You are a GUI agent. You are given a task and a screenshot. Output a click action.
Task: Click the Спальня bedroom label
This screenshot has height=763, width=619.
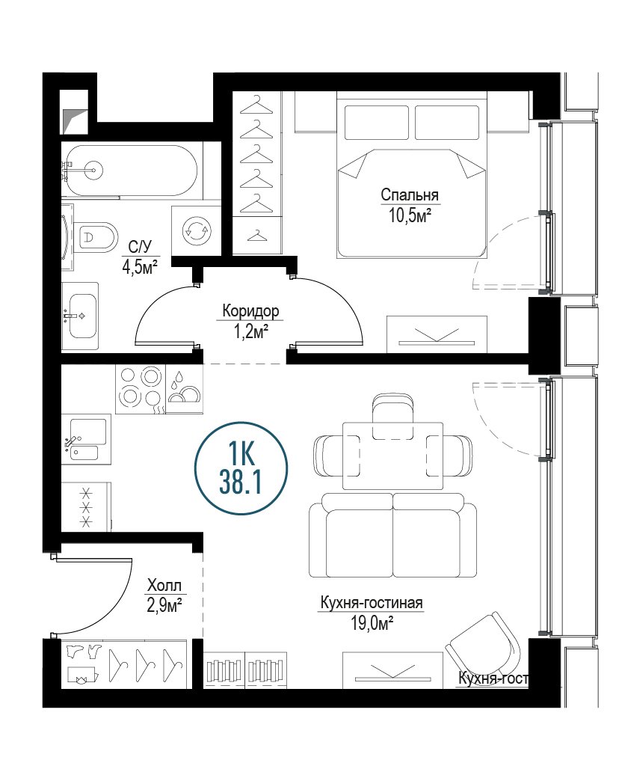[410, 195]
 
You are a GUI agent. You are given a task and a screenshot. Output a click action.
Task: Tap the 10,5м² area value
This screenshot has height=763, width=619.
[410, 215]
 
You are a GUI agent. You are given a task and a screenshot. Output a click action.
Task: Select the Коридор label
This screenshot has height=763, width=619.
[250, 311]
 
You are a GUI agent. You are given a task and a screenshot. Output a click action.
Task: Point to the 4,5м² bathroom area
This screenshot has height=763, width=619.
[141, 266]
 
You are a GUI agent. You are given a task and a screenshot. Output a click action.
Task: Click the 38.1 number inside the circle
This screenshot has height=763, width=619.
[241, 483]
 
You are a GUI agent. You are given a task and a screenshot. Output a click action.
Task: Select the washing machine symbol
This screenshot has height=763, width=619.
[197, 230]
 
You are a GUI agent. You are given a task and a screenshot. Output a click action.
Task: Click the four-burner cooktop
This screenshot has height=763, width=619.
[141, 390]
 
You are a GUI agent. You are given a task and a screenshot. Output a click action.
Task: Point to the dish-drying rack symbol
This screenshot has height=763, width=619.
[185, 390]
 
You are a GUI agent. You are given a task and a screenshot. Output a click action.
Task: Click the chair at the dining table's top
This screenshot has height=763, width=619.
[393, 416]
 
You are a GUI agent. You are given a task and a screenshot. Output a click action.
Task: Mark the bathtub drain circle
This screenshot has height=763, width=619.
[92, 169]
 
